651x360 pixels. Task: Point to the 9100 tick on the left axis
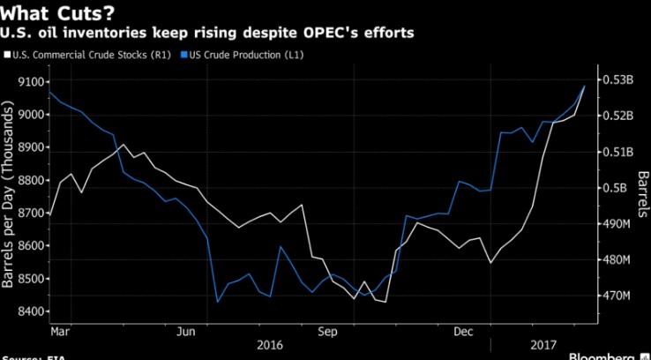point(29,82)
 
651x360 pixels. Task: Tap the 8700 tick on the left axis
point(29,214)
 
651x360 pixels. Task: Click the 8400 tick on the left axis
point(29,311)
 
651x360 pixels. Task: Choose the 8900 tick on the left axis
point(29,147)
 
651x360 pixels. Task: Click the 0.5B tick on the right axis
point(616,188)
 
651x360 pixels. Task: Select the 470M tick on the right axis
point(617,296)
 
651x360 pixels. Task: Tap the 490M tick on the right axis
point(617,224)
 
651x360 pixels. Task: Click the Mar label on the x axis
point(60,332)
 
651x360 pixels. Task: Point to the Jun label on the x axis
point(186,332)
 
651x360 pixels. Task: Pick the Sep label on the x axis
point(327,332)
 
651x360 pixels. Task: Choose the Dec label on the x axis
point(463,332)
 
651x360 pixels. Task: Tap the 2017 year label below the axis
point(544,347)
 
